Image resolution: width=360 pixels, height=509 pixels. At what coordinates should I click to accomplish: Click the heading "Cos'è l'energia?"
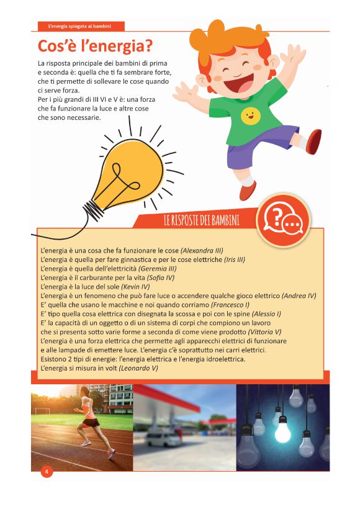(x=96, y=47)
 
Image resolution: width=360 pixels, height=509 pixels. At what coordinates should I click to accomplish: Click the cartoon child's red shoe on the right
(x=313, y=141)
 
